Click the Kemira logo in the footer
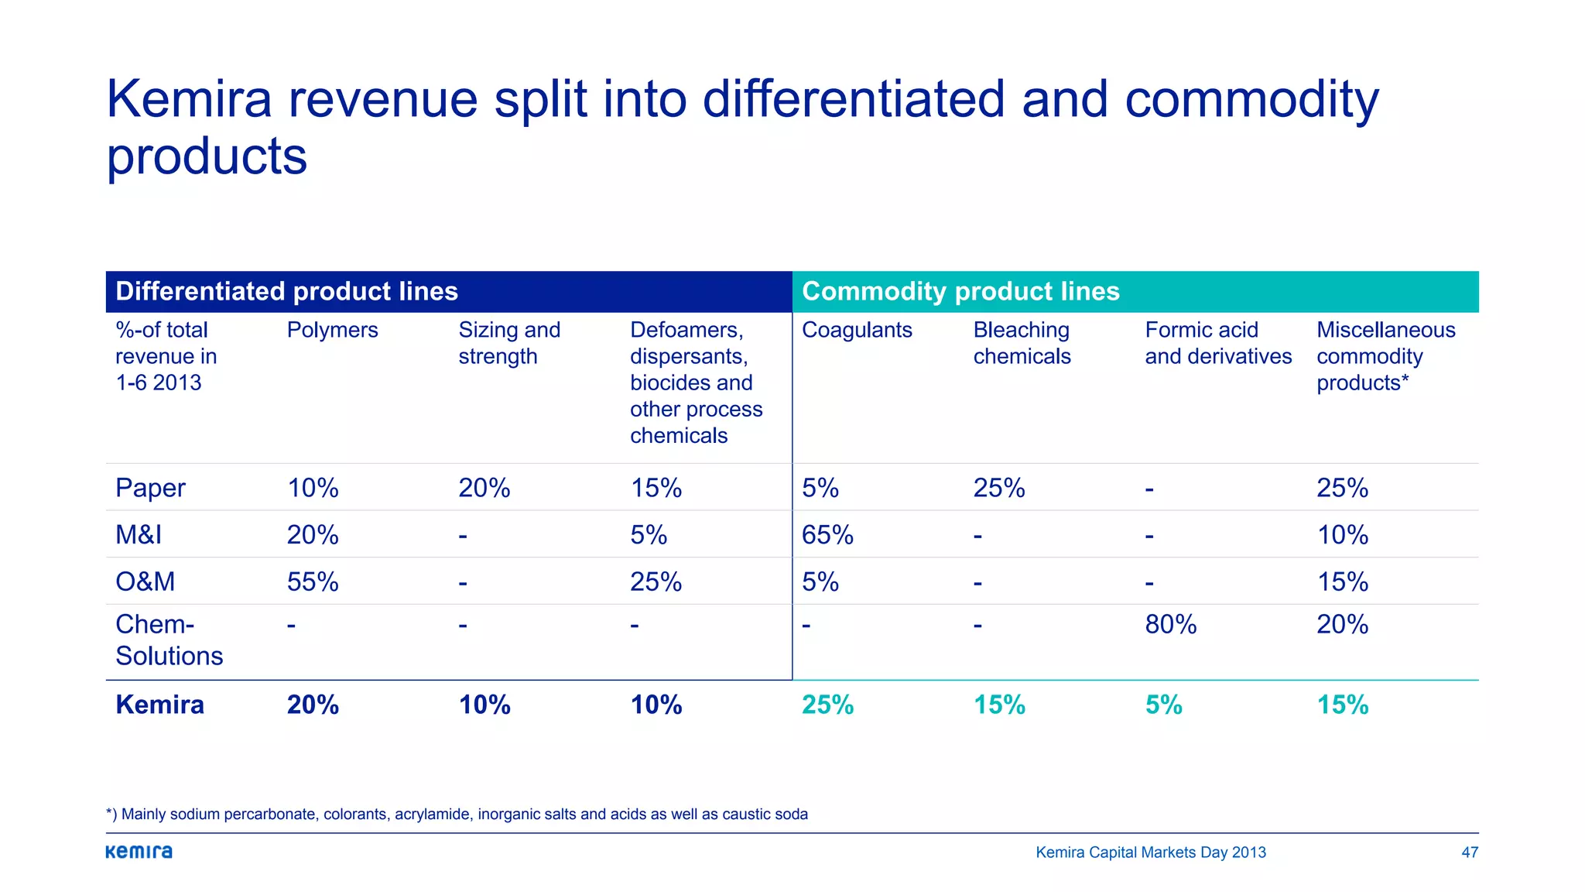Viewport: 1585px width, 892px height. click(139, 852)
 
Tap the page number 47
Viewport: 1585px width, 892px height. click(1469, 853)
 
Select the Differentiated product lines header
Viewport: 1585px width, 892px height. click(286, 291)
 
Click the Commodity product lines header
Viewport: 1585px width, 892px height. click(960, 291)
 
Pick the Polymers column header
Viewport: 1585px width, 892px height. click(332, 330)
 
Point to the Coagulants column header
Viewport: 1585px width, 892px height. click(857, 330)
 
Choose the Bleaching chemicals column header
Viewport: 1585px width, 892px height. click(1022, 343)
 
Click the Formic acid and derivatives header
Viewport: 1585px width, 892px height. click(1218, 343)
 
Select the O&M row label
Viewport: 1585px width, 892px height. click(145, 582)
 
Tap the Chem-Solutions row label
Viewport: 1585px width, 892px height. click(169, 640)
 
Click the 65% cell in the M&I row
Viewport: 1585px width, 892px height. click(827, 535)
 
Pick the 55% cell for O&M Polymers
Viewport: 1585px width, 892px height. click(313, 582)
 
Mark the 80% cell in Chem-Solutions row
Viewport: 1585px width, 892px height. click(1170, 624)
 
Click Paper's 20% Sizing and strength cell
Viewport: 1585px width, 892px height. click(484, 488)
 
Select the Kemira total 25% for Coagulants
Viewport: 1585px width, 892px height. click(827, 705)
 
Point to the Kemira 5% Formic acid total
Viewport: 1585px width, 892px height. click(1163, 705)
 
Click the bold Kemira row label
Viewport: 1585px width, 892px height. click(159, 705)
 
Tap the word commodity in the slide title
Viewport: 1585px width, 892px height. click(1251, 101)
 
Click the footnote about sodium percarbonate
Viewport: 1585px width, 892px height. click(457, 814)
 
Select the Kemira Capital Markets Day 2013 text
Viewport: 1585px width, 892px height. click(1150, 853)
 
